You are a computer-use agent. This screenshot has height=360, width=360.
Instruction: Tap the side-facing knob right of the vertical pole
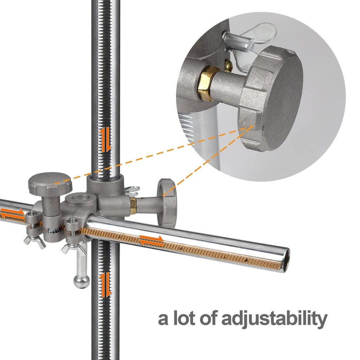pos(167,203)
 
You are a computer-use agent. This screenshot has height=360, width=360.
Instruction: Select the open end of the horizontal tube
pos(286,261)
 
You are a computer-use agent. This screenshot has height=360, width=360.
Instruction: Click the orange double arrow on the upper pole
pos(105,140)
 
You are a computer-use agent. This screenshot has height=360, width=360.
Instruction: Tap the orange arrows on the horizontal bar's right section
pos(152,240)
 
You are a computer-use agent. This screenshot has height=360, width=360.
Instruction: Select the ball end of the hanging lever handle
pos(82,282)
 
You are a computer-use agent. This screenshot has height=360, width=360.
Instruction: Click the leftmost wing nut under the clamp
pos(35,242)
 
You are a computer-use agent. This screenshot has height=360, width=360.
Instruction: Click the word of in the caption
pos(209,318)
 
